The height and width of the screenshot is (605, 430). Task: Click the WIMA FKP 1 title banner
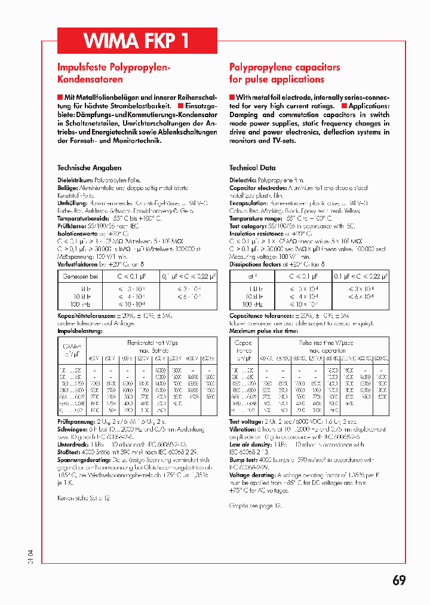coord(137,41)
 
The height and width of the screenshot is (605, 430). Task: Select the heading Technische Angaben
coord(89,168)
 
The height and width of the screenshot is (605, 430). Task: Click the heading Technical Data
coord(252,168)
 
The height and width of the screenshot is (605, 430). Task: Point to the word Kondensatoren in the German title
coord(90,80)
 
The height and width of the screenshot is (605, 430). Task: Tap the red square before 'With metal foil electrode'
coord(232,97)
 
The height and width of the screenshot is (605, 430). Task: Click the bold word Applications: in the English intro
coord(369,106)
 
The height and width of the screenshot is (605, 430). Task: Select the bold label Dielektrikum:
coord(75,180)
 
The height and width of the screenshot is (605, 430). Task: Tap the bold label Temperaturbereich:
coord(83,219)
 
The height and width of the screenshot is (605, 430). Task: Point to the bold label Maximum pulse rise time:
coord(263,331)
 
